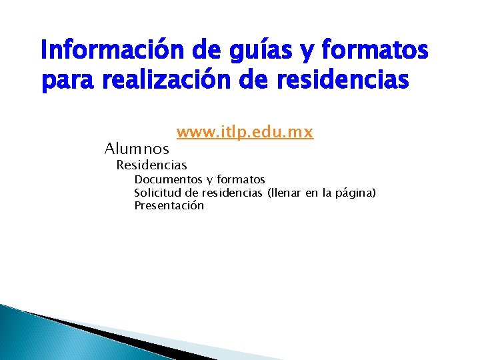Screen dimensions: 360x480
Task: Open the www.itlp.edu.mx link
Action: (x=245, y=133)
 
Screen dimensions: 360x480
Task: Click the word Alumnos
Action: (x=137, y=149)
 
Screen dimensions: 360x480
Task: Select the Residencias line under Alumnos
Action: (x=151, y=165)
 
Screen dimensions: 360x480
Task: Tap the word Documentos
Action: (x=167, y=180)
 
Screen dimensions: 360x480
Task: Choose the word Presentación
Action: (x=169, y=206)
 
